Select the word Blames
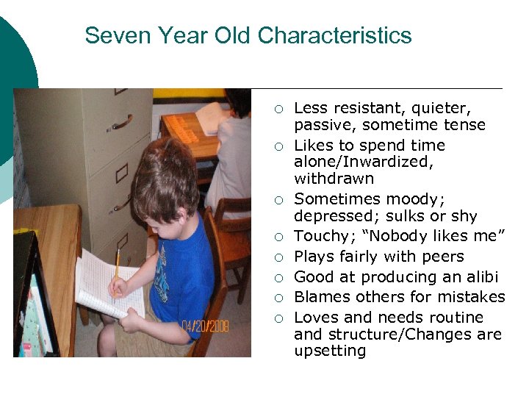[319, 297]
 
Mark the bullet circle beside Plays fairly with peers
[278, 257]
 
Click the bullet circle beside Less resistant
[278, 109]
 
